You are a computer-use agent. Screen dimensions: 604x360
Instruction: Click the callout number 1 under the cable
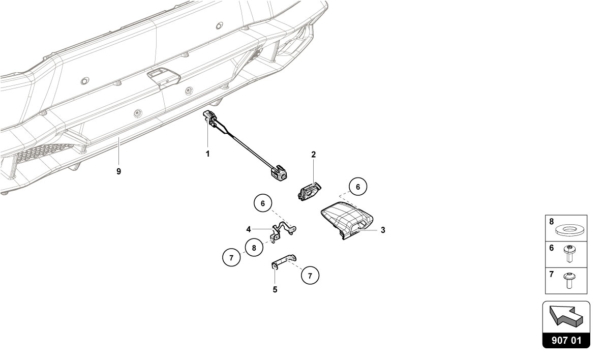[207, 154]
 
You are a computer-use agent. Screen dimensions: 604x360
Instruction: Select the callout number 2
[314, 155]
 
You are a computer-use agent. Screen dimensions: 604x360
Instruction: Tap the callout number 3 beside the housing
[383, 230]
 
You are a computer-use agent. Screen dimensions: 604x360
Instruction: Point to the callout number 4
[249, 230]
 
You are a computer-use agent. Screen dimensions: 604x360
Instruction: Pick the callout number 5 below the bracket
[275, 289]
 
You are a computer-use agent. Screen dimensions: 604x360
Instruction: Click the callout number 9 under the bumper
[118, 171]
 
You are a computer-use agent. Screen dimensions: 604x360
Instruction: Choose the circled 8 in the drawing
[254, 248]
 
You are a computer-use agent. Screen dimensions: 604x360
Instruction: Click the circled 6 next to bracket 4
[263, 203]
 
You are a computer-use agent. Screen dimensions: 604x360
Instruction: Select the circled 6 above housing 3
[358, 187]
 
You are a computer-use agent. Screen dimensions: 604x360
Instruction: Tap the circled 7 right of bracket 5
[310, 276]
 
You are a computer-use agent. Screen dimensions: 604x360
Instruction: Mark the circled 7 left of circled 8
[231, 257]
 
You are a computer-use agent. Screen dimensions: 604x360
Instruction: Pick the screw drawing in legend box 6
[568, 254]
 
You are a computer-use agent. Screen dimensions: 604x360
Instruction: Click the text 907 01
[566, 340]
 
